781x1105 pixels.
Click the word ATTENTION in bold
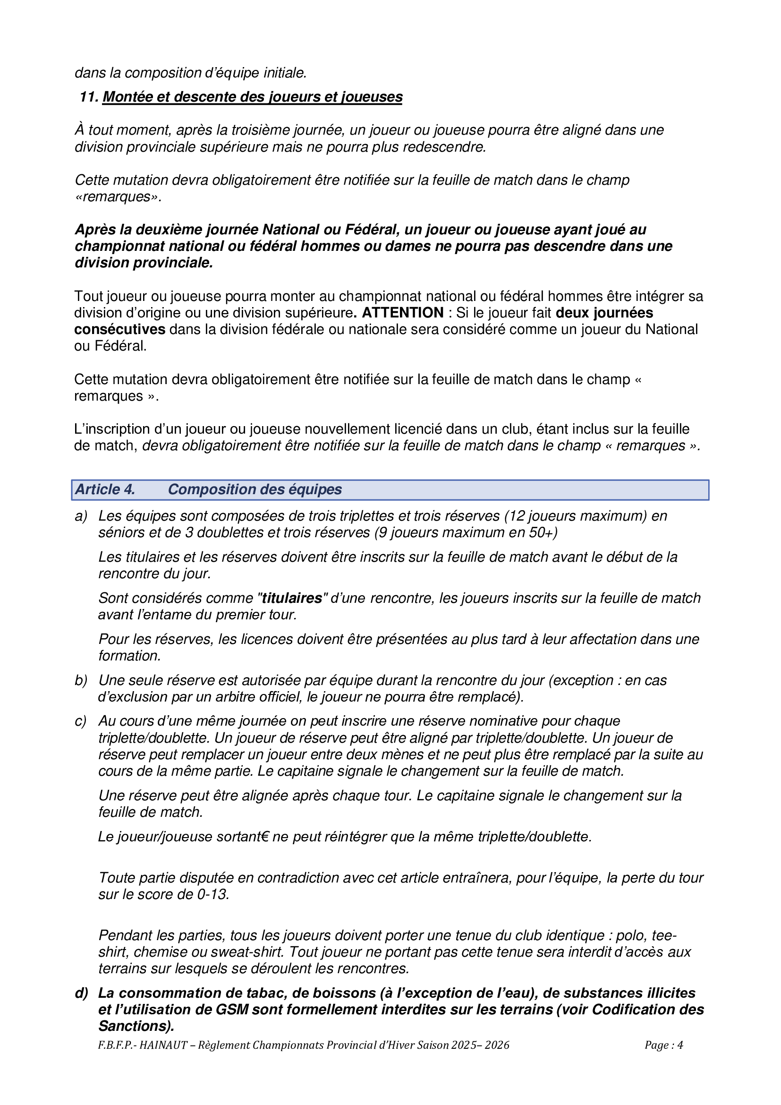tap(402, 313)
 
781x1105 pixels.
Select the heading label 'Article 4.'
tap(105, 489)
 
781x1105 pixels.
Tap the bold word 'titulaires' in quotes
tap(292, 598)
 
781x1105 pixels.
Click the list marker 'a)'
tap(81, 516)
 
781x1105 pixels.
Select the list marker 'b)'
tap(81, 680)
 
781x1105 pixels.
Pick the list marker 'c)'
tap(81, 721)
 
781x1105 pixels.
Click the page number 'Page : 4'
tap(663, 1045)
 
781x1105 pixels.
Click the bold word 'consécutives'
tap(120, 330)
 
